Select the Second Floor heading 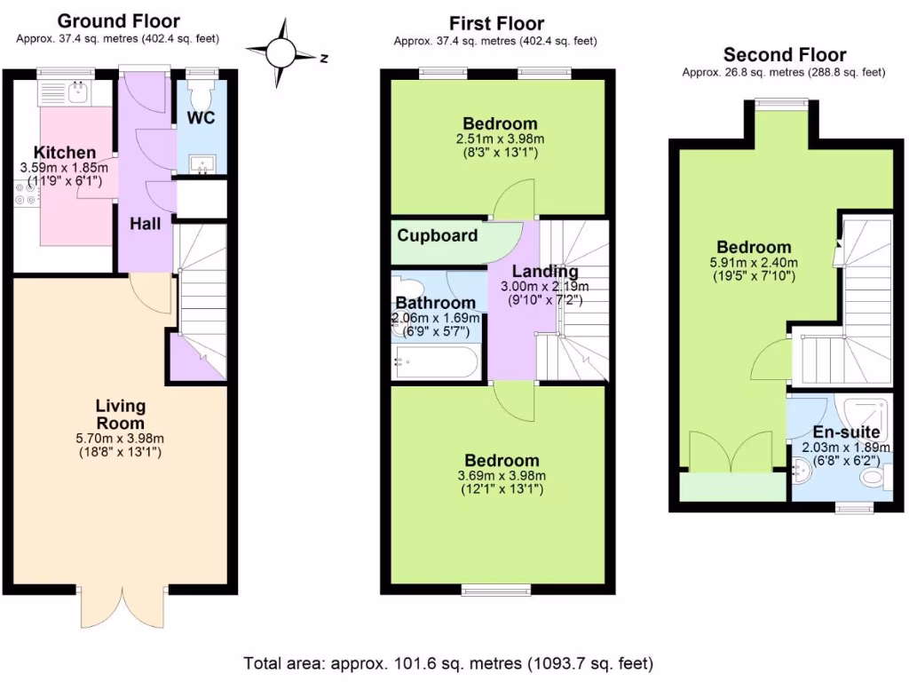click(784, 55)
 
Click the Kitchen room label click(65, 153)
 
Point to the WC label click(201, 119)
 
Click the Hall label click(146, 224)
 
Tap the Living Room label click(121, 415)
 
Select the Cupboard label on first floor click(437, 236)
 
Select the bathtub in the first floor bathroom click(438, 363)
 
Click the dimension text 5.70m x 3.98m click(121, 438)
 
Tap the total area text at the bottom click(449, 662)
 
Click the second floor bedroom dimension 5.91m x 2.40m click(755, 262)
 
